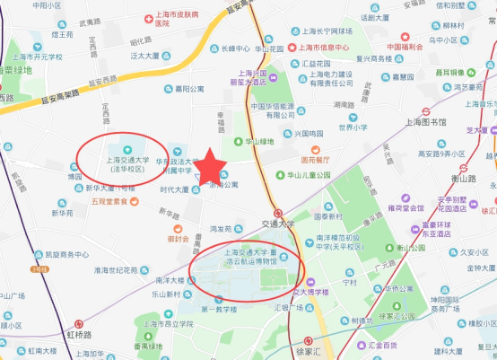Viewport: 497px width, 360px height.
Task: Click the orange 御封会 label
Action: coord(178,240)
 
